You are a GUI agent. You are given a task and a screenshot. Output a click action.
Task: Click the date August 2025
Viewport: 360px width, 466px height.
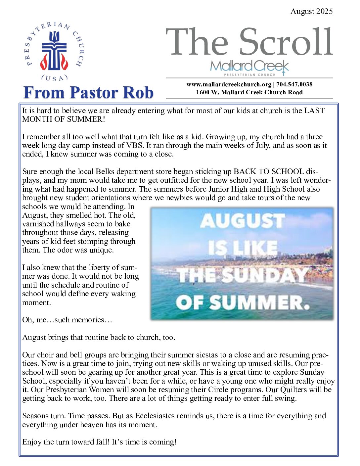tap(311, 12)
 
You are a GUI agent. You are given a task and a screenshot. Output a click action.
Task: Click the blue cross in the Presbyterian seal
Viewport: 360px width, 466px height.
tap(54, 52)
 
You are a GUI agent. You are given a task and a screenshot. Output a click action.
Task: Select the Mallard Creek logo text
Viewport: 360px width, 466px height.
tap(249, 66)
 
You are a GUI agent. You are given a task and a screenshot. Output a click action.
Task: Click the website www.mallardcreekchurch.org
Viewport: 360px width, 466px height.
tap(229, 84)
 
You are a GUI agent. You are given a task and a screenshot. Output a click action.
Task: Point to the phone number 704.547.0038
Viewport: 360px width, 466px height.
tap(294, 84)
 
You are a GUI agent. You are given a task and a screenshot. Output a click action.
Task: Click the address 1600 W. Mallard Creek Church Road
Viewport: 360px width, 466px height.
tap(249, 92)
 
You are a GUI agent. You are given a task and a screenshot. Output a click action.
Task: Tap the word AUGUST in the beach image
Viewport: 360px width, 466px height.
tap(242, 221)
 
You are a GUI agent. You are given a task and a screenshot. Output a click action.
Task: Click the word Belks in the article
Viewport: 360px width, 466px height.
tap(105, 171)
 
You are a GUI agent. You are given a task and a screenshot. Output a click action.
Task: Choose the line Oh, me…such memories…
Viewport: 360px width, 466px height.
tap(67, 320)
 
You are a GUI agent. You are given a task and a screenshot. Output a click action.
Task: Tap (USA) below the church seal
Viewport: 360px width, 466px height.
tap(54, 78)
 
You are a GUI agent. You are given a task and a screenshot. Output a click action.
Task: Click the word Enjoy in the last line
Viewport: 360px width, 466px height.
tap(32, 442)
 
